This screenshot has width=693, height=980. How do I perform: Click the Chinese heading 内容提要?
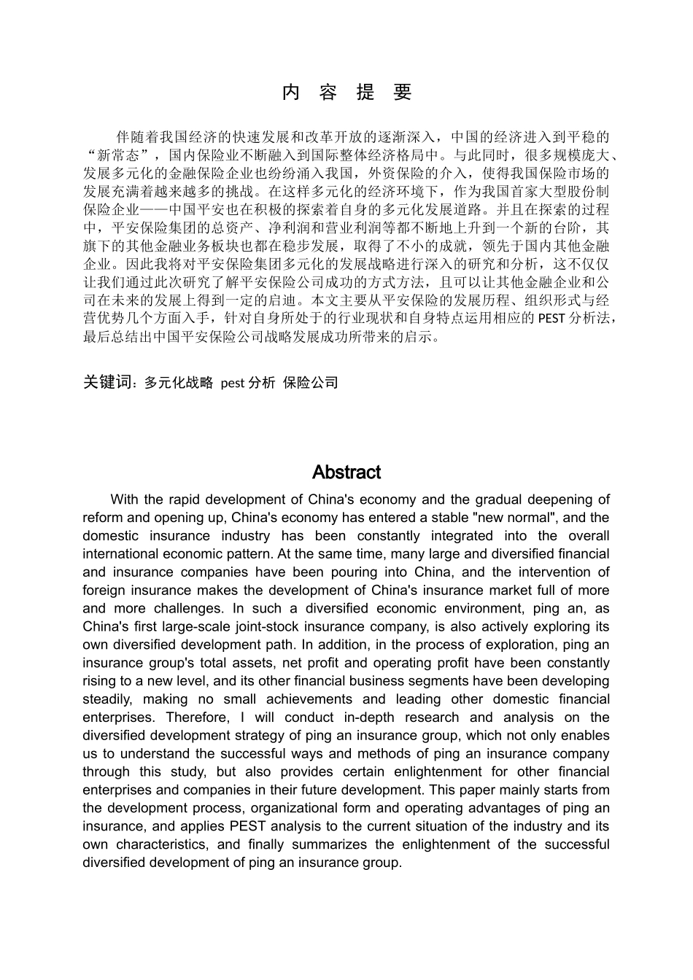tap(346, 93)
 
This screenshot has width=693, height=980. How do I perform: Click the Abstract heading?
tap(346, 472)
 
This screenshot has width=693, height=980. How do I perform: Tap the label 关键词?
tap(109, 381)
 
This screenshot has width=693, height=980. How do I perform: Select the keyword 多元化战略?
tap(179, 382)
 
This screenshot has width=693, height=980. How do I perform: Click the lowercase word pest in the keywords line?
tap(233, 382)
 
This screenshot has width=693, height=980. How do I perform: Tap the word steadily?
tap(107, 699)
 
